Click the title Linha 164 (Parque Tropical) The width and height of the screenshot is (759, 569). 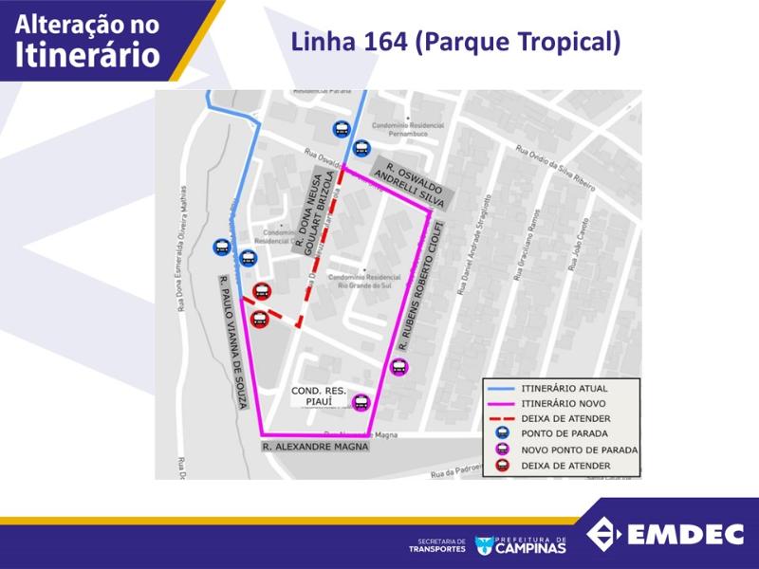click(x=455, y=43)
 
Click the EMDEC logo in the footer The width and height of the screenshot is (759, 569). click(x=665, y=534)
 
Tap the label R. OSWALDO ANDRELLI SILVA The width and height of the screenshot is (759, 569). click(x=410, y=181)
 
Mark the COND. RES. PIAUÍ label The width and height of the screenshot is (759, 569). click(x=319, y=396)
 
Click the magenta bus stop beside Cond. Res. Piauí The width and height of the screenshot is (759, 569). click(x=361, y=403)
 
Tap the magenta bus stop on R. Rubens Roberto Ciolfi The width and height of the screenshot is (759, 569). click(x=398, y=367)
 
